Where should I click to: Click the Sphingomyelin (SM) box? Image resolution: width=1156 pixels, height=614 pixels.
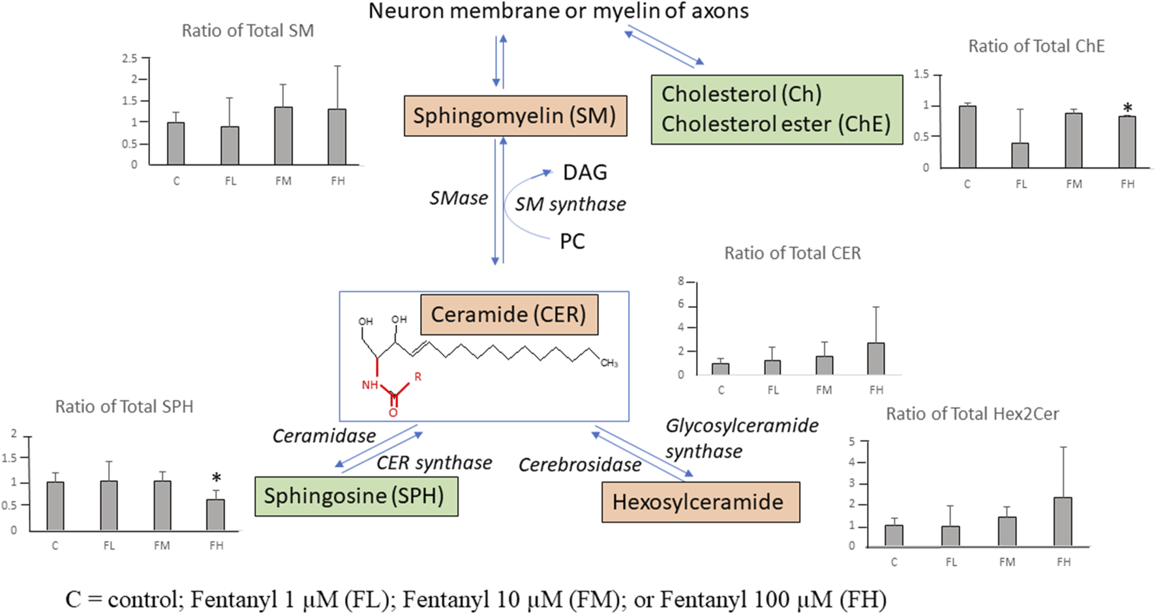point(515,116)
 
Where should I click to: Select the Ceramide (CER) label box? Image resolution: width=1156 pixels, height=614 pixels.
point(509,315)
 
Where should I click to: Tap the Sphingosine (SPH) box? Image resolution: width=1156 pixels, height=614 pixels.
point(356,496)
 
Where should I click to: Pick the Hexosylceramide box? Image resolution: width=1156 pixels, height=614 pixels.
point(699,502)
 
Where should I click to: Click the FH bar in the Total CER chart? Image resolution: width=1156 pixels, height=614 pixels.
point(875,359)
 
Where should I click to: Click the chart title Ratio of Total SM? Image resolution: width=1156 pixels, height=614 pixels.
point(247,31)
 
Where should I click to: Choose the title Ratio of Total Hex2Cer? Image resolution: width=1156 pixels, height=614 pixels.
point(972,414)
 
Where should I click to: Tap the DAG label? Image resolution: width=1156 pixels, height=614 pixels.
point(585,173)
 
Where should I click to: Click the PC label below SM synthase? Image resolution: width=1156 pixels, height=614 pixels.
point(572,241)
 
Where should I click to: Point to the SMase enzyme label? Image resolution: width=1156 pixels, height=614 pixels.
point(459,198)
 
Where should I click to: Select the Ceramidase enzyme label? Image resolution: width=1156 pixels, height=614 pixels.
point(324,436)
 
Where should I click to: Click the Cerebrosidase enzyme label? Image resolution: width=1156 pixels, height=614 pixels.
point(579,465)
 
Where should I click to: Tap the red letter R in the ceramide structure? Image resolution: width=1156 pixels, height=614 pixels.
point(418,376)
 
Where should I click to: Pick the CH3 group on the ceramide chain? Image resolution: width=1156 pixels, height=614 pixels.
point(609,363)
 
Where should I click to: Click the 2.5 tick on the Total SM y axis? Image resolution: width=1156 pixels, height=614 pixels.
point(130,59)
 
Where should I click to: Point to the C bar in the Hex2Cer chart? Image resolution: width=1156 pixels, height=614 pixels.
point(894,535)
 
